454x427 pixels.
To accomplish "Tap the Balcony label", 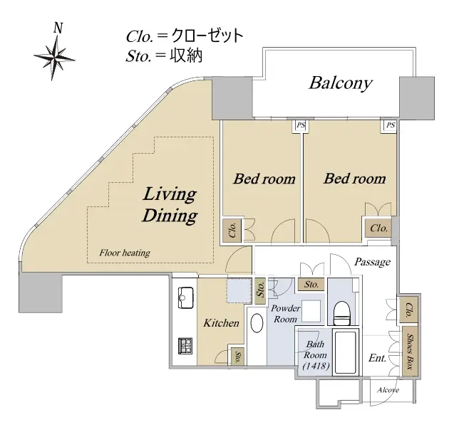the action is pos(341,83).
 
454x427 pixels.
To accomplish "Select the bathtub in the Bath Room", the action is pos(345,352).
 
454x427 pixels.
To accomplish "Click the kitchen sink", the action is pos(185,297).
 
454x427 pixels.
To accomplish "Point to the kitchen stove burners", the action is pos(185,345).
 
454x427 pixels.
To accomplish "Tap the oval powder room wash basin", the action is pos(257,323).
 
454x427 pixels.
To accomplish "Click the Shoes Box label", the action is pos(410,352).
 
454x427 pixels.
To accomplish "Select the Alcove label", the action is pos(388,390).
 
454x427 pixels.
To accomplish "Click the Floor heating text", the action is pos(125,253).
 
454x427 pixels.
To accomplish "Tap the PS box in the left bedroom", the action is pos(301,125).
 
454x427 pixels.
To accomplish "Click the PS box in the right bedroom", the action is pos(391,125).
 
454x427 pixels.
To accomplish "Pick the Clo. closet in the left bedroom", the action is pos(232,230).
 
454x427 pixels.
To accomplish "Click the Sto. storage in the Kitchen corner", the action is pos(238,357).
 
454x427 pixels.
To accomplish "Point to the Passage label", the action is pos(372,262).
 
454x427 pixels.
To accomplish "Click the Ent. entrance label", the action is pos(378,358).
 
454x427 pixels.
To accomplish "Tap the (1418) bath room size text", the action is pos(316,366).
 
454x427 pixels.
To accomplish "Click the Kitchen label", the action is pos(221,323).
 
